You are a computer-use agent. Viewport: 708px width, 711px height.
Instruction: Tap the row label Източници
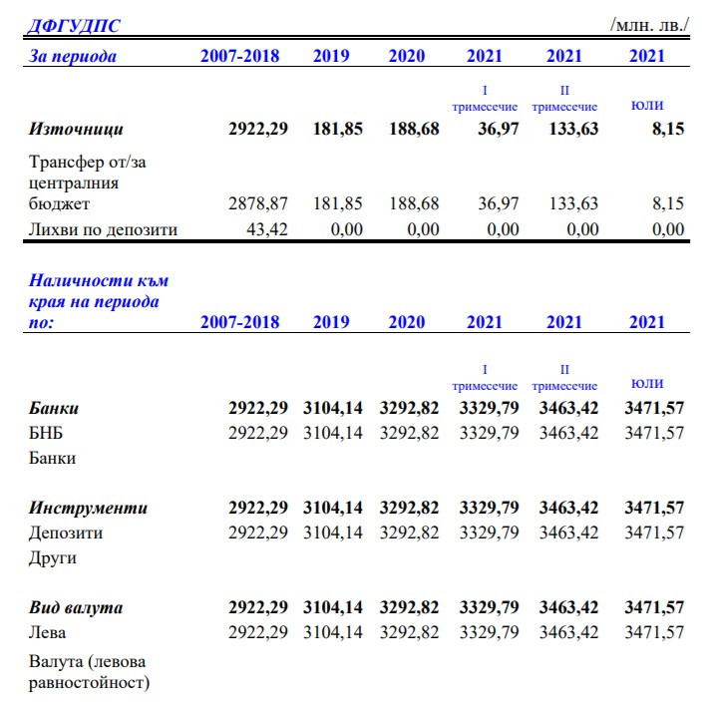pos(76,129)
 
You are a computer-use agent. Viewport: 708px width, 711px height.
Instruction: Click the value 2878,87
pos(258,203)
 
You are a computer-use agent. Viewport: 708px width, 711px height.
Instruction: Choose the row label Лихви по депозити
pos(103,229)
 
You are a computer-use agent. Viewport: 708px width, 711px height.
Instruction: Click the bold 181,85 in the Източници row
pos(338,129)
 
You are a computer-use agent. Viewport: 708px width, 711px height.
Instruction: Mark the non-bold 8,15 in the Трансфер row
pos(668,203)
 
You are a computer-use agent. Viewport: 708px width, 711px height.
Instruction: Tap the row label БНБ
pos(47,433)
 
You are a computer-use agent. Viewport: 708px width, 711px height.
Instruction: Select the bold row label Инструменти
pos(88,508)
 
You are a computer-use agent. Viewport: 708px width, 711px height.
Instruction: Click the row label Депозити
pos(66,533)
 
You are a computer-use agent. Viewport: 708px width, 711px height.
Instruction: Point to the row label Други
pos(53,557)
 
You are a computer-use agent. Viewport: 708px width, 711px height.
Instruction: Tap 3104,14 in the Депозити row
pos(333,533)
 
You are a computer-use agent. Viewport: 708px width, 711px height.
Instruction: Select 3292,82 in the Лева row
pos(409,632)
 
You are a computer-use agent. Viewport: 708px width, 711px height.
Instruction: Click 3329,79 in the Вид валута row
pos(489,607)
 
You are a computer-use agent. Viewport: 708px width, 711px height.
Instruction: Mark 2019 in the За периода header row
pos(331,56)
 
